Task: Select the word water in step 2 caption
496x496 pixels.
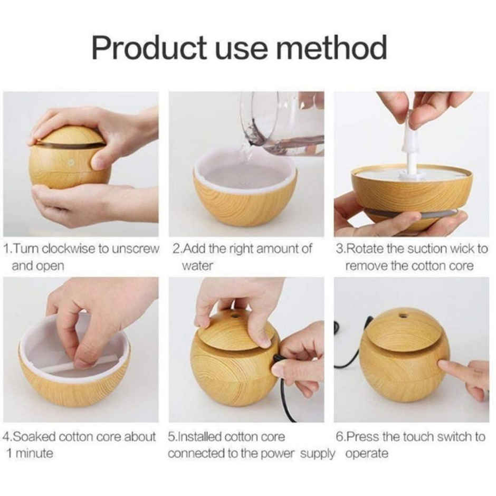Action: coord(197,265)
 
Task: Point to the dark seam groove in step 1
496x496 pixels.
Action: coord(71,144)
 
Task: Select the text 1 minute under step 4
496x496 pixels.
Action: coord(30,453)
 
